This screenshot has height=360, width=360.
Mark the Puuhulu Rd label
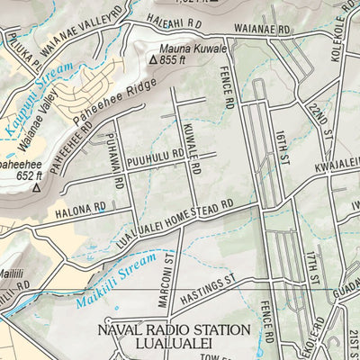[x=155, y=158]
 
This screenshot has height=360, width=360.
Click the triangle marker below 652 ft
[x=37, y=190]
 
